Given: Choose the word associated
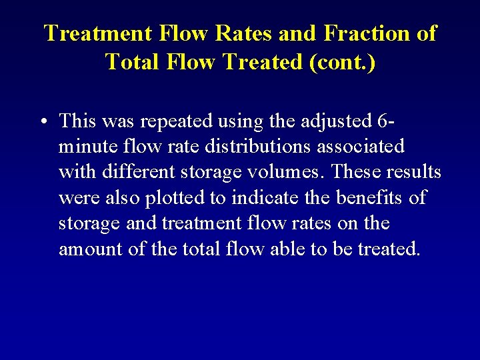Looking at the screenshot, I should pyautogui.click(x=358, y=147).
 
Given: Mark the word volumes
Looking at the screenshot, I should pyautogui.click(x=288, y=172).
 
